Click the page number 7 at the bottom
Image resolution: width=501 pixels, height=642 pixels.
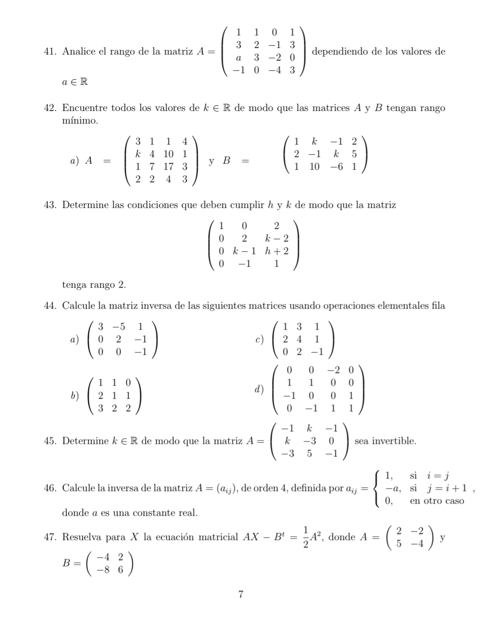click(241, 594)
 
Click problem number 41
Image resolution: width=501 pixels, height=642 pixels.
click(49, 52)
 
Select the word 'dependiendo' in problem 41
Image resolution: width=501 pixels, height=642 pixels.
click(340, 52)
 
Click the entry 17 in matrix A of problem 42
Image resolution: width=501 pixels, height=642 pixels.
click(168, 166)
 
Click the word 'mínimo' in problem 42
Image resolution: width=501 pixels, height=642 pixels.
click(80, 121)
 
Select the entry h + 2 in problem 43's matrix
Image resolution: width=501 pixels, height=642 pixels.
click(277, 251)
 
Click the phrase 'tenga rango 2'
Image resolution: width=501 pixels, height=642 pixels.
click(94, 285)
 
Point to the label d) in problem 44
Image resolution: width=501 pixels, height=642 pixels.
click(259, 389)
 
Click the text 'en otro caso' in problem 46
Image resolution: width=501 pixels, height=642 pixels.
click(437, 501)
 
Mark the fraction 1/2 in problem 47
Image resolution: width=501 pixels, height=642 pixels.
click(306, 537)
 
